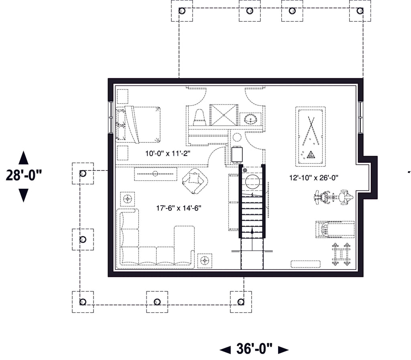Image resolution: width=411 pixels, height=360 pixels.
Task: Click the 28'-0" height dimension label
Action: tap(24, 176)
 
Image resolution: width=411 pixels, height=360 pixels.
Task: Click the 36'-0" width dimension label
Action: tap(254, 349)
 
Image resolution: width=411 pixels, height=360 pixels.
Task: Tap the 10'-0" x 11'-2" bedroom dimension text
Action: tap(168, 153)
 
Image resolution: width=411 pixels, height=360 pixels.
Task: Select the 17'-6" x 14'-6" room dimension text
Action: tap(178, 208)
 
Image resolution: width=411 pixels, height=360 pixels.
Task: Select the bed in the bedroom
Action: tap(138, 124)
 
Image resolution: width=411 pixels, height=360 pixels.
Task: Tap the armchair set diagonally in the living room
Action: tap(195, 180)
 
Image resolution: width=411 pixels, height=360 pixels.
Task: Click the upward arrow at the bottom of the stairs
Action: tap(252, 231)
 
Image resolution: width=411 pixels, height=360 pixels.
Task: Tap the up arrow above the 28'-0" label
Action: tap(24, 158)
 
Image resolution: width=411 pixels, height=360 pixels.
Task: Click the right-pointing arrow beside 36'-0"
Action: tap(283, 350)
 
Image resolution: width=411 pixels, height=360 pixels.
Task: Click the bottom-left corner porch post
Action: tap(83, 301)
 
